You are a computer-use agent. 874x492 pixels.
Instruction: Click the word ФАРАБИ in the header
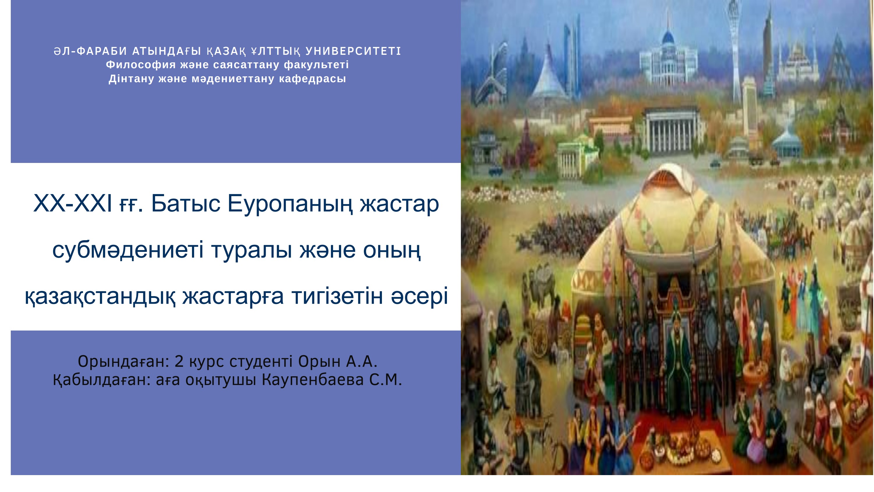(102, 51)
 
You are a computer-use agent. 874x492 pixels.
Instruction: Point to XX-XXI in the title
(72, 204)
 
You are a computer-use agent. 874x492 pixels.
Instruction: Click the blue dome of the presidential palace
(668, 37)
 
